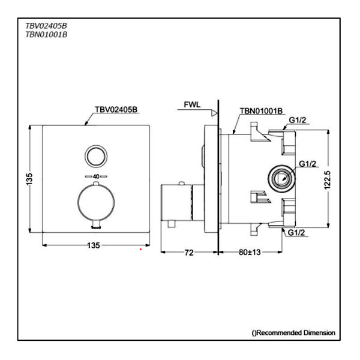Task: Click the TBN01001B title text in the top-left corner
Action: (x=46, y=35)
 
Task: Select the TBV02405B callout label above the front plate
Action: (x=116, y=110)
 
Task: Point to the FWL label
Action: (x=193, y=104)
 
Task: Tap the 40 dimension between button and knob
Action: (x=95, y=176)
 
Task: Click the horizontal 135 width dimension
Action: (x=94, y=245)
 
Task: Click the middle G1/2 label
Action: (x=307, y=164)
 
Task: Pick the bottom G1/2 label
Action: (x=298, y=232)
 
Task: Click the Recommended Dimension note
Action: (x=293, y=332)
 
